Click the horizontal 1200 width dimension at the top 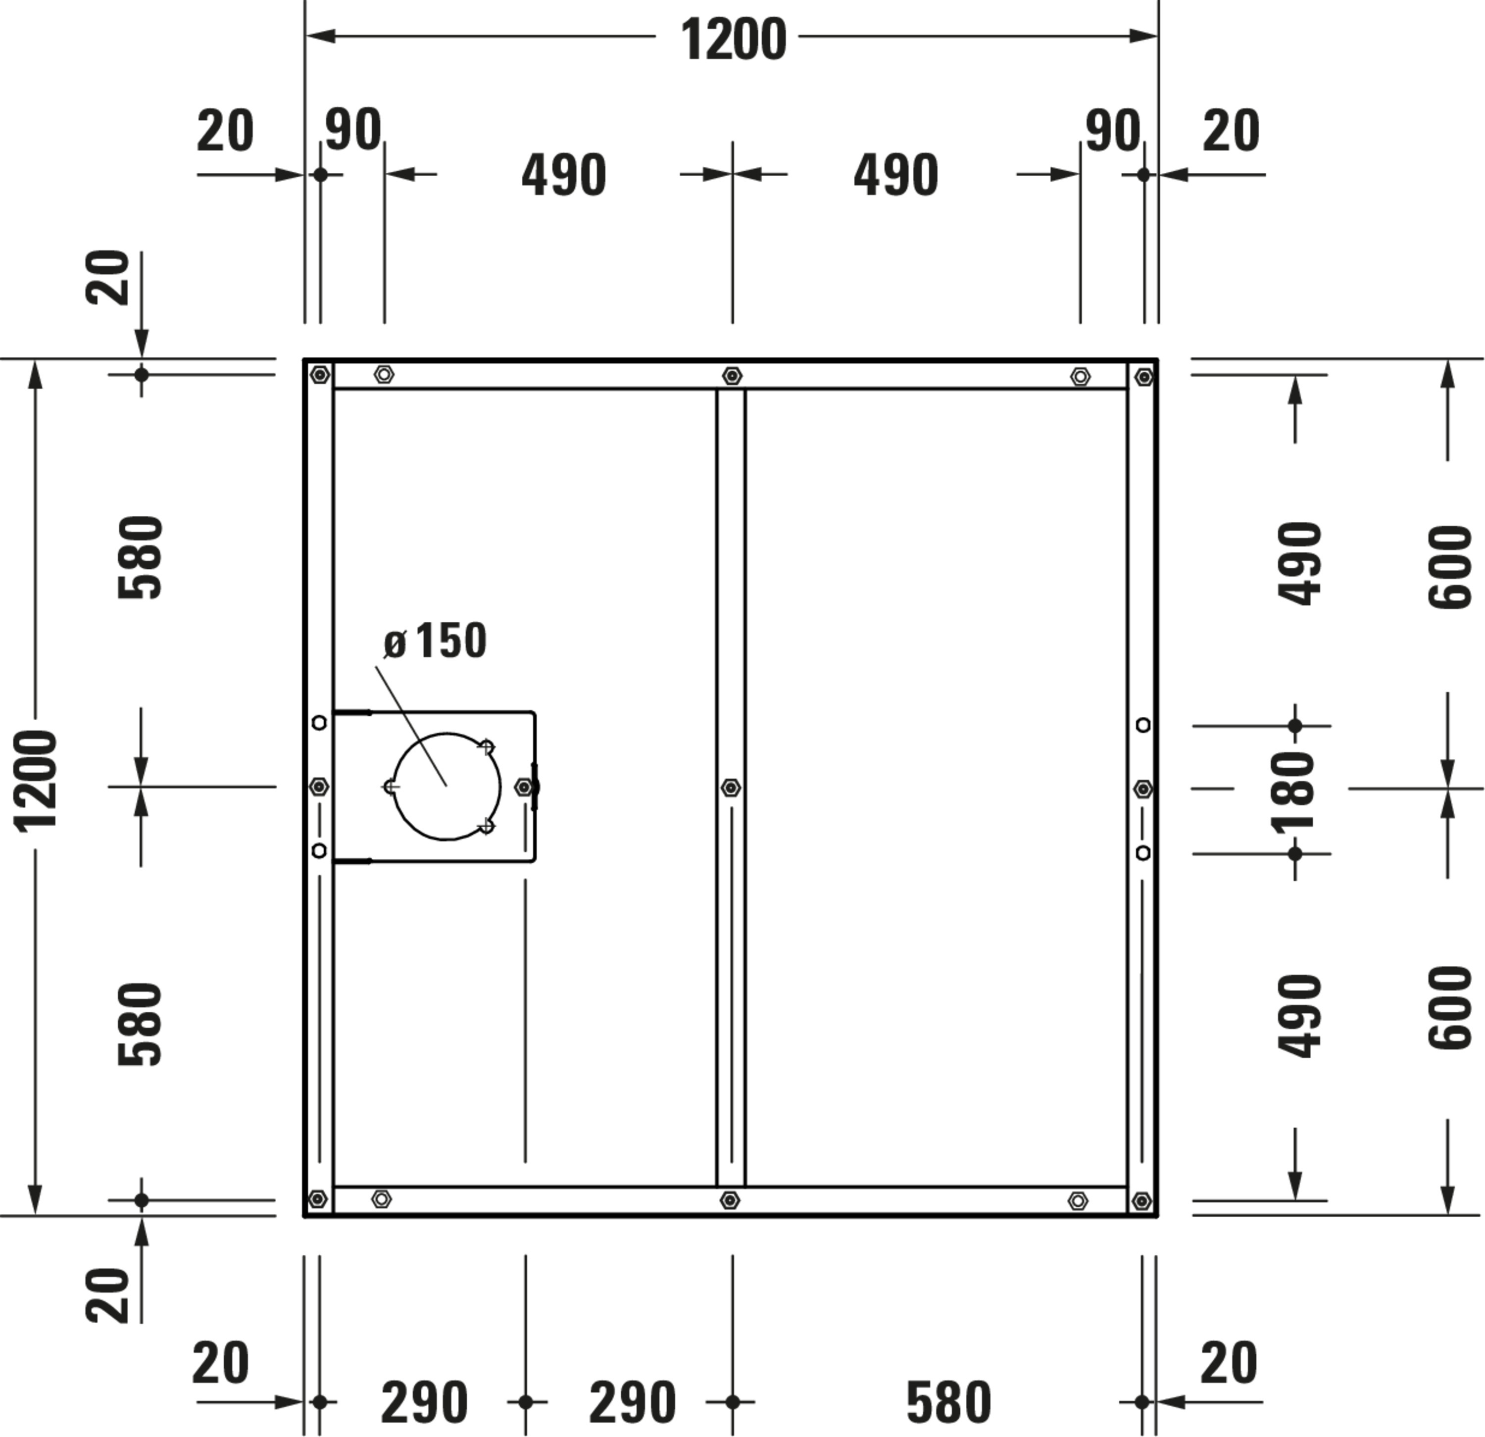734,40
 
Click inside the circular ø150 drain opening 446,786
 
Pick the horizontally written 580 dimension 948,1403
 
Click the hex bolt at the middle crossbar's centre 731,788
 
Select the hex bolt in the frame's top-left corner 320,374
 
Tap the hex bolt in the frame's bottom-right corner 1142,1201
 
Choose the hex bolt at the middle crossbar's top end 731,376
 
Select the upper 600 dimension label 1449,567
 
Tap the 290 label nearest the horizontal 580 633,1403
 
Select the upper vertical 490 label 1299,563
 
